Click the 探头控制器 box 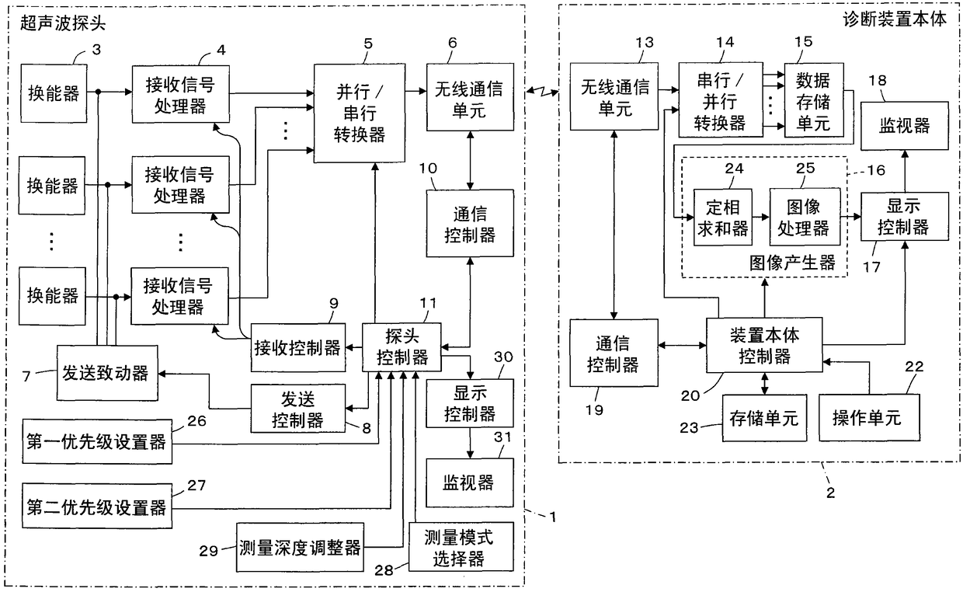(x=402, y=347)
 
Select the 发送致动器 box (x=107, y=373)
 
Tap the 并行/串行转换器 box (x=360, y=113)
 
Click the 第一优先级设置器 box (x=97, y=441)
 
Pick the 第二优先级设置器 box (x=97, y=506)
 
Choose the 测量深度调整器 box (x=300, y=547)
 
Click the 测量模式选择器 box (x=461, y=547)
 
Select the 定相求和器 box (x=723, y=217)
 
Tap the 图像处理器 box (x=805, y=217)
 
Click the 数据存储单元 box (x=814, y=100)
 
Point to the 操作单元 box (x=869, y=417)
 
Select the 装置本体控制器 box (x=764, y=345)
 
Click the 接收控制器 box (x=298, y=347)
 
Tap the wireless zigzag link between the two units (x=542, y=91)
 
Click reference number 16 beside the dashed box (x=876, y=170)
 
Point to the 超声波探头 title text (x=63, y=23)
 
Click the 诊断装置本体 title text (x=895, y=19)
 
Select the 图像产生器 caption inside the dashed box (x=792, y=263)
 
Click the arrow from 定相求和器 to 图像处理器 (x=761, y=217)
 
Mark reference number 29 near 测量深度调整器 (x=208, y=551)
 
